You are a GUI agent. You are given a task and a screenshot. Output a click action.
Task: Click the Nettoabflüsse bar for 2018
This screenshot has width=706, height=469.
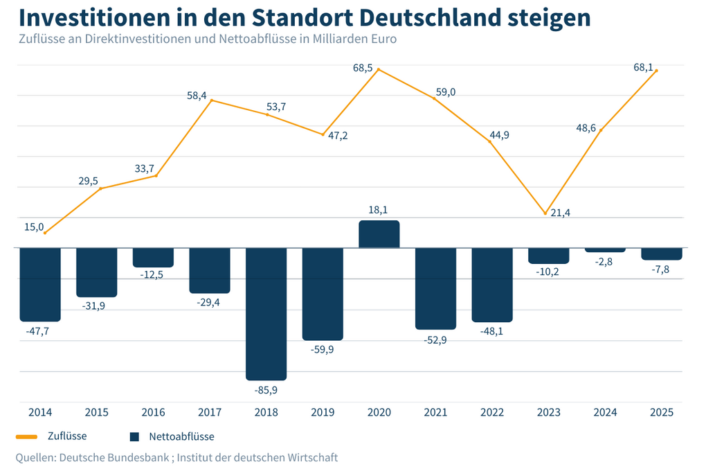266,313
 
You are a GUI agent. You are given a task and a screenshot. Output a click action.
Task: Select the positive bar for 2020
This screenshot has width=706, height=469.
379,234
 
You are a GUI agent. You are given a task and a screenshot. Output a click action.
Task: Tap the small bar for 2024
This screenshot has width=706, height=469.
605,249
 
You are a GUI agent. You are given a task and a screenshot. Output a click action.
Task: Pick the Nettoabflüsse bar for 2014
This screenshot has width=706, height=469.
40,284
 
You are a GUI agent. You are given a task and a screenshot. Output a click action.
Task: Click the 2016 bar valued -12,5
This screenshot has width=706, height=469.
153,257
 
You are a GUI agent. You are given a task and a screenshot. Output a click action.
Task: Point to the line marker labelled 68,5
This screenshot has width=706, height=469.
379,69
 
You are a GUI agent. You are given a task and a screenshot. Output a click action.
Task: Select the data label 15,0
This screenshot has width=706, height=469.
34,227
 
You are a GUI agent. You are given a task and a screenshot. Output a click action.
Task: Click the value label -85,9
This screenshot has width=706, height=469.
266,391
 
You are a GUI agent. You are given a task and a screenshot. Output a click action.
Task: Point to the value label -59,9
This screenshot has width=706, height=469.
323,351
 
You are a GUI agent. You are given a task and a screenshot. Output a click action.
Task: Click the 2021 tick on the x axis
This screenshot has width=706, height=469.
435,412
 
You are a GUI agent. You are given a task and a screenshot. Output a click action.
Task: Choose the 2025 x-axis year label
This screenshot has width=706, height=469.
662,412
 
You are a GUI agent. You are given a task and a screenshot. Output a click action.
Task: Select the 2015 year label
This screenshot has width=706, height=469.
96,412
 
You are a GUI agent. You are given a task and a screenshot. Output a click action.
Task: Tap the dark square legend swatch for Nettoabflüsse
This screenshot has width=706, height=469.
135,437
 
